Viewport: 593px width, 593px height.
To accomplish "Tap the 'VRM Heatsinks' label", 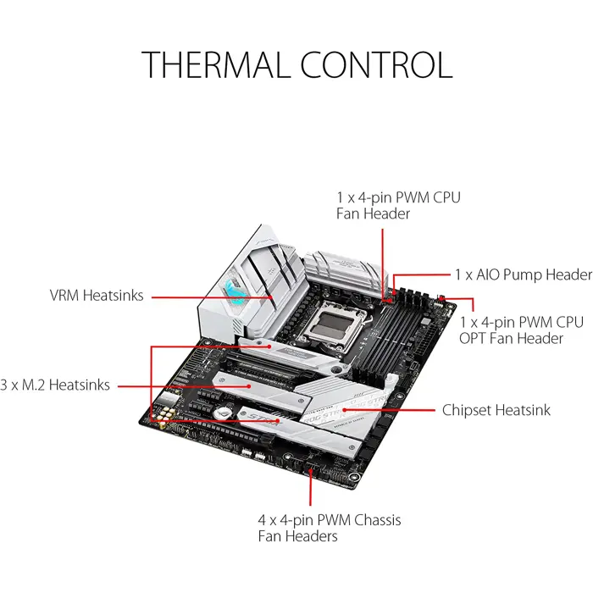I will (x=96, y=296).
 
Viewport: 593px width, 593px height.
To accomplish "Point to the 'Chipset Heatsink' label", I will (x=496, y=410).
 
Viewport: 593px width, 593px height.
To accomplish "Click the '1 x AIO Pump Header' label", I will (x=523, y=274).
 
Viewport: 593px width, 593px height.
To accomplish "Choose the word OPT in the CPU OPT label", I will (x=474, y=338).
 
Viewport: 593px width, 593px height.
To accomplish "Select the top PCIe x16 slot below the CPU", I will (x=280, y=365).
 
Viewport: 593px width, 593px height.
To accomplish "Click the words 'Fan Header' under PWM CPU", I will (x=374, y=213).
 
